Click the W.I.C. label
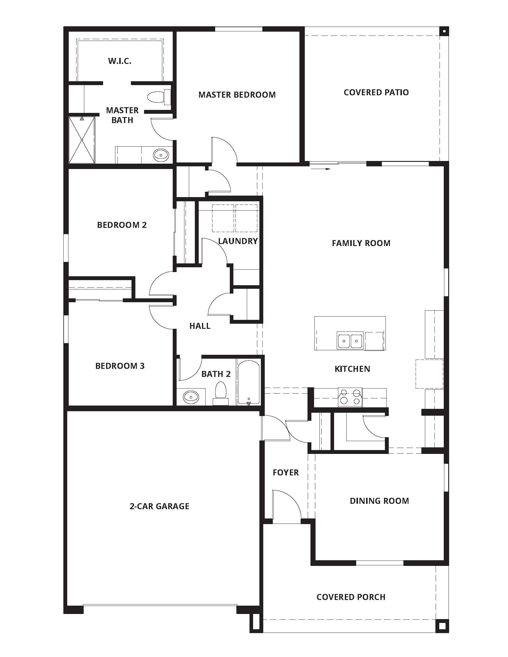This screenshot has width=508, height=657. coord(120,61)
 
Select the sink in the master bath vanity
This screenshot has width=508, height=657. coord(161,155)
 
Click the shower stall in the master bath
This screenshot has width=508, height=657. coord(82,140)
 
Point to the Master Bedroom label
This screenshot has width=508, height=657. coord(237,95)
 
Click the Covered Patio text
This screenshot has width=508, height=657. coord(376,92)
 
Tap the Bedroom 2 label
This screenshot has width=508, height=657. coord(122,225)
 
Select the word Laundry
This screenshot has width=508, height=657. coord(238,241)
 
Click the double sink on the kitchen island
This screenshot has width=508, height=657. coord(350,341)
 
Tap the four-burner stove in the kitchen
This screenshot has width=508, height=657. coord(350,397)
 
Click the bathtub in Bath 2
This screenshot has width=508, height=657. coord(248,382)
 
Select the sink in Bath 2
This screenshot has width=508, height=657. coord(191,397)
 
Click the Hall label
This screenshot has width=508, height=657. coord(200,326)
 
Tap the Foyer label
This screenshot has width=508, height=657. coord(286,472)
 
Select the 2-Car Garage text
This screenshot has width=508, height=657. coord(159,506)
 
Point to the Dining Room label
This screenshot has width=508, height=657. coord(379,501)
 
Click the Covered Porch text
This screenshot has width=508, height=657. coord(351,597)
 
